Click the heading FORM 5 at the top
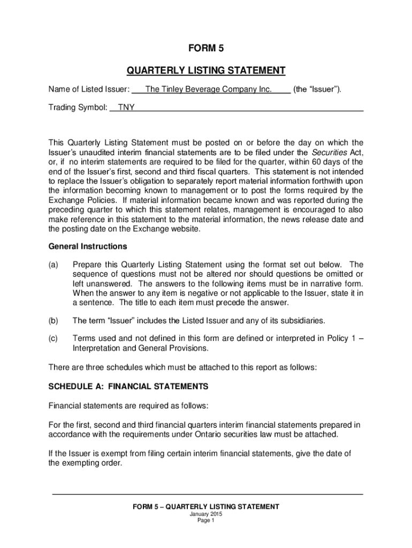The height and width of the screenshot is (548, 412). click(x=206, y=49)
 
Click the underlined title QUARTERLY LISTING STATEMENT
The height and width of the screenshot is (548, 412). click(x=206, y=71)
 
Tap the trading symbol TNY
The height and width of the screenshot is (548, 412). click(x=126, y=107)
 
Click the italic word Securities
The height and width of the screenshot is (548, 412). click(x=327, y=152)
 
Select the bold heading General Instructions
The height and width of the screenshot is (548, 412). click(x=88, y=247)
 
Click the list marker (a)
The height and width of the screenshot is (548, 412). click(x=54, y=264)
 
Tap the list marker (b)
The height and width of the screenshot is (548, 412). click(x=54, y=321)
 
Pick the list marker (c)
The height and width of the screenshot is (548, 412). click(x=54, y=339)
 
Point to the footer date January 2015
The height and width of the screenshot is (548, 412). click(x=206, y=514)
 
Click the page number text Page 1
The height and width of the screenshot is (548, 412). click(x=206, y=520)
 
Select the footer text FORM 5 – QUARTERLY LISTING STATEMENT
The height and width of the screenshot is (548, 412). click(x=206, y=506)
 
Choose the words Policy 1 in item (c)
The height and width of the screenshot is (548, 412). click(x=339, y=339)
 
